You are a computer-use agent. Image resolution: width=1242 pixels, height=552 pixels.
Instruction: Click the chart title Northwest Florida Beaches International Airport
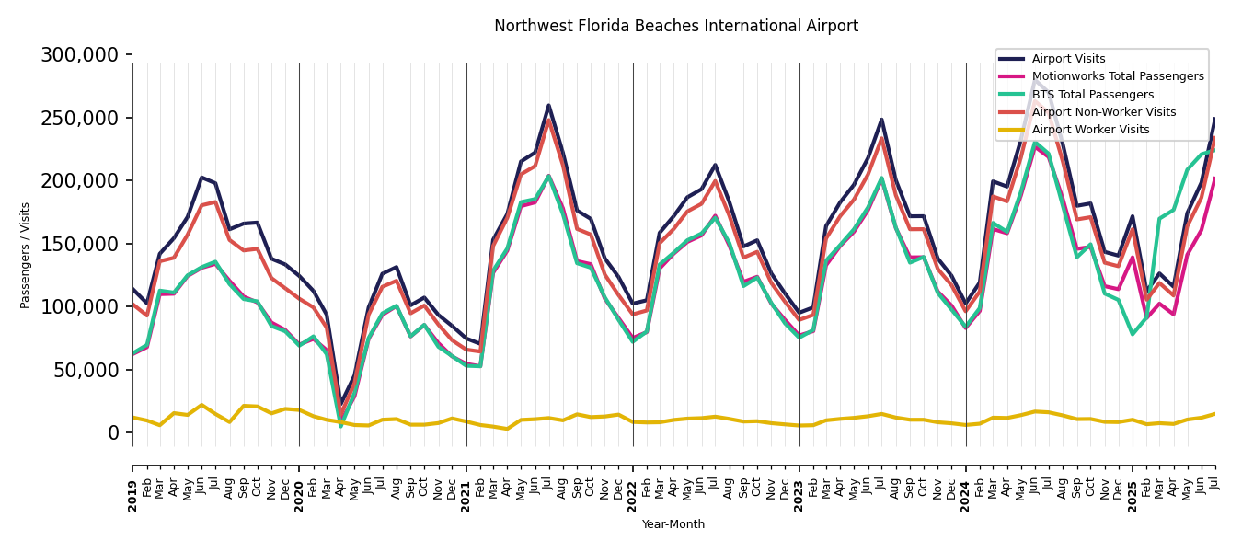(x=676, y=27)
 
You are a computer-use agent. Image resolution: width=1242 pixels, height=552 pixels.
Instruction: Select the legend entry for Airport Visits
(x=1068, y=59)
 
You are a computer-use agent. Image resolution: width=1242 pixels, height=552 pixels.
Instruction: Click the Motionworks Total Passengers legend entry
(x=1117, y=76)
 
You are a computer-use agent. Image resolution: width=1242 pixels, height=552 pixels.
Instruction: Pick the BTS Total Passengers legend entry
(x=1092, y=95)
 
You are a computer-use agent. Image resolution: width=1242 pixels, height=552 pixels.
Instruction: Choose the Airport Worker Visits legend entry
(x=1090, y=130)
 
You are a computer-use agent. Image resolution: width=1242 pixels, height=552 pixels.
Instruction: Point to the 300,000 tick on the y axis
(x=80, y=55)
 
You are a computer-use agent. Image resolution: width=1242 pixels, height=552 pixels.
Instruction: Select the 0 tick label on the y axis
(x=114, y=432)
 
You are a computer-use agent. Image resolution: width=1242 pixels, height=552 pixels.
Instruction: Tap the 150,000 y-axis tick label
(x=80, y=244)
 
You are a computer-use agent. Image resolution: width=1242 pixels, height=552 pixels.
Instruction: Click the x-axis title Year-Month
(x=673, y=524)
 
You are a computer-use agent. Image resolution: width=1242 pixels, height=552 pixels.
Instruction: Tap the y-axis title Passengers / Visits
(x=26, y=255)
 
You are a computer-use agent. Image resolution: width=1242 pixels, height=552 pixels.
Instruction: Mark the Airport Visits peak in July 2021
(x=549, y=105)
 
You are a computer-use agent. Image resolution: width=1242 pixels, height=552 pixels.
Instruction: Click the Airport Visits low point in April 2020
(x=341, y=403)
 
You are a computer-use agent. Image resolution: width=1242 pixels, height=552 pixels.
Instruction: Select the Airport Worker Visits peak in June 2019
(x=202, y=405)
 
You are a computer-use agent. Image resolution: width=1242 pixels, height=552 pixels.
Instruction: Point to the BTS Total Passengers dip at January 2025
(x=1133, y=334)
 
